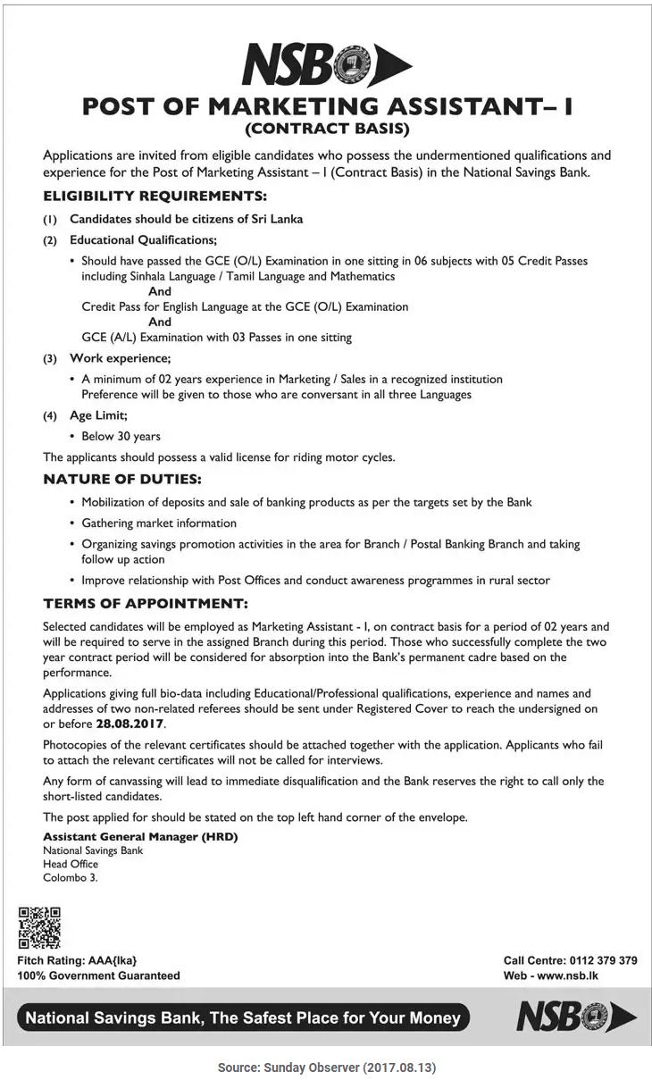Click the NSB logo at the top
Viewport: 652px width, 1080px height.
pos(326,65)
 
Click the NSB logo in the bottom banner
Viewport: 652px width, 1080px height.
pos(575,1017)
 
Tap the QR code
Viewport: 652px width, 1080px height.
pos(39,927)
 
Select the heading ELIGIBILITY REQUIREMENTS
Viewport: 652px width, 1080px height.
pos(155,196)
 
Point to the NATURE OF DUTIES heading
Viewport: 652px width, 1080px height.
pos(122,480)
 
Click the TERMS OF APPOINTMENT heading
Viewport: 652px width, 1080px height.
pos(146,604)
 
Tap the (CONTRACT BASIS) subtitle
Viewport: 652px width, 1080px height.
pos(326,129)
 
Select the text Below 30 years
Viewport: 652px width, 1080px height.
pos(121,436)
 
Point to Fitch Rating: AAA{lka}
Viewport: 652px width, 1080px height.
pos(77,960)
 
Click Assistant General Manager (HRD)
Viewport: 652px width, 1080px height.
pos(140,837)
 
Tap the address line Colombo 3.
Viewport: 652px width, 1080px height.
pos(71,877)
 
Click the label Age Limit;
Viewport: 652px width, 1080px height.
pos(98,415)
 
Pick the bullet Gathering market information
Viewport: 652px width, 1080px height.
pos(159,523)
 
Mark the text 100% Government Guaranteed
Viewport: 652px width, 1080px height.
pos(98,975)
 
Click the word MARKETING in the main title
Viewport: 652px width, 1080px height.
pos(303,106)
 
